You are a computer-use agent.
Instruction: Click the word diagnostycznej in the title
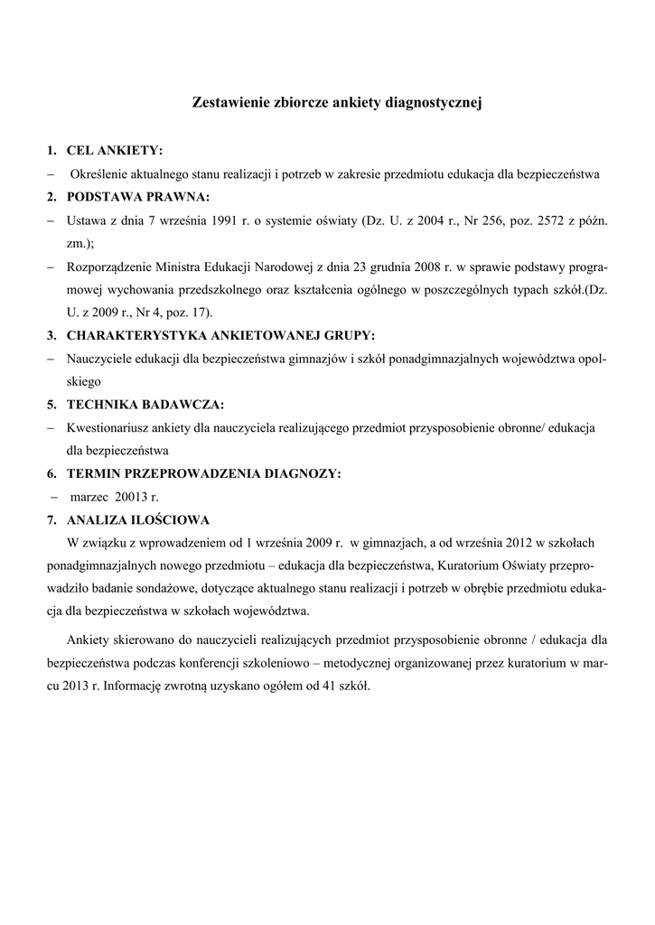point(438,104)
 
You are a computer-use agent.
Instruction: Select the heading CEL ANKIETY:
point(115,150)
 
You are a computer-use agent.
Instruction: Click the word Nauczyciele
point(99,359)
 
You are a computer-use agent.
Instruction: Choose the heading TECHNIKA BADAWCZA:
point(145,404)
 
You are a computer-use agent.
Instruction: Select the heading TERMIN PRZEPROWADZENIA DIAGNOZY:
point(203,472)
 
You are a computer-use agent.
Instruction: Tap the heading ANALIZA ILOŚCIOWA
point(138,519)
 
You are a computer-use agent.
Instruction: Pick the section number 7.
point(51,519)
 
